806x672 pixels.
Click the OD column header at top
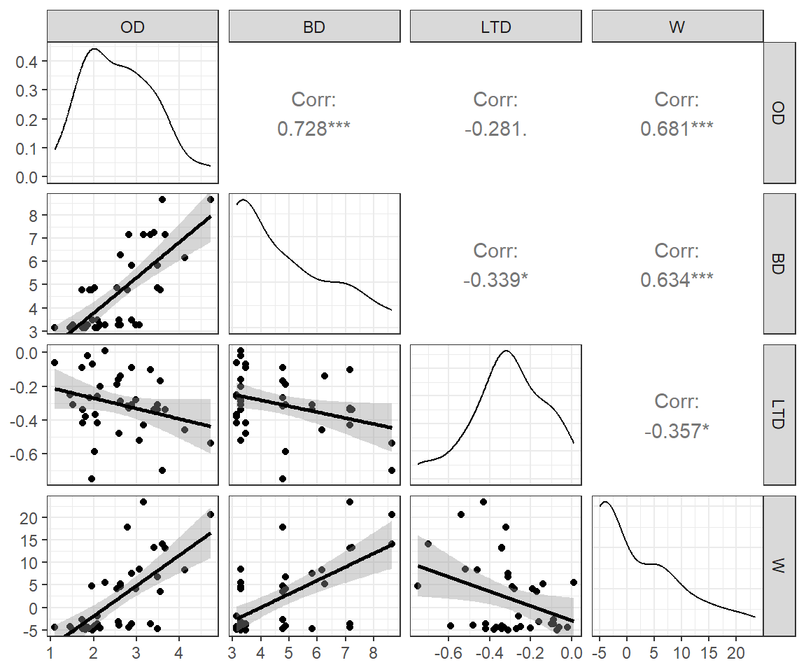(x=133, y=27)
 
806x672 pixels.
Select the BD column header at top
(x=314, y=27)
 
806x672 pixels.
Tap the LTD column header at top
(x=496, y=27)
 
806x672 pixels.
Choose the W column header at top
(x=677, y=27)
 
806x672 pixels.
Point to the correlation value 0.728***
(x=314, y=129)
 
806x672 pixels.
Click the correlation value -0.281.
(x=495, y=129)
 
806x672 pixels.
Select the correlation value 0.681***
(x=677, y=129)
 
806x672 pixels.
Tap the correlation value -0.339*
(x=495, y=280)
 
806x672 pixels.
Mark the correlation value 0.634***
(x=677, y=280)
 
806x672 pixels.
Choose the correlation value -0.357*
(x=677, y=431)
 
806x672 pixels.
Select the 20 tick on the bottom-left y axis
(x=31, y=517)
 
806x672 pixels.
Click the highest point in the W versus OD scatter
(x=143, y=502)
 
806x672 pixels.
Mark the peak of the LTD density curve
(x=506, y=350)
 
